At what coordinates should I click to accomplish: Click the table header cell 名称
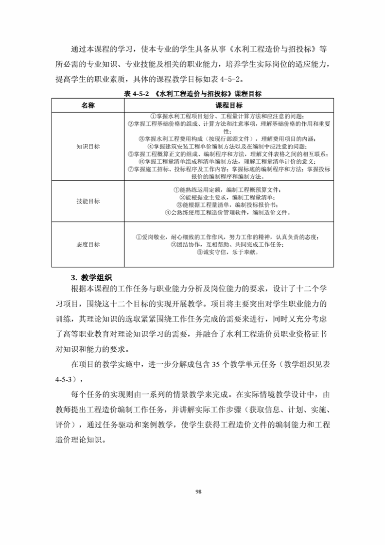tap(87, 105)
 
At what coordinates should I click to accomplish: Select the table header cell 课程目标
tap(228, 105)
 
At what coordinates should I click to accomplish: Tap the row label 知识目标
tap(87, 146)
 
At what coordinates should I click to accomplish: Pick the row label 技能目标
tap(87, 201)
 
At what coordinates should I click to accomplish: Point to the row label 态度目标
tap(87, 245)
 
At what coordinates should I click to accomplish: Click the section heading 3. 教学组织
tap(91, 278)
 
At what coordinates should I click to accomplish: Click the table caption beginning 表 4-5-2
tap(192, 94)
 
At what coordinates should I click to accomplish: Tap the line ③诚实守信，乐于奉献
tap(227, 252)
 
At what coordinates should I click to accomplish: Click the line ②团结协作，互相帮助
tap(227, 244)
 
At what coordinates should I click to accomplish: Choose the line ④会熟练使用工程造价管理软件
tap(227, 212)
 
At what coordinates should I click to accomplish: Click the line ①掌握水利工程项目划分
tap(227, 117)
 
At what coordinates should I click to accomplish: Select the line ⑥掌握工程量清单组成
tap(227, 161)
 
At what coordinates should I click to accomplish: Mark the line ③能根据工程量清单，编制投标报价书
tap(227, 205)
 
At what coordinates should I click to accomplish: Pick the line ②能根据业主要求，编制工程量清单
tap(227, 197)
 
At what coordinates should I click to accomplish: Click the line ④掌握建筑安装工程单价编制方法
tap(227, 146)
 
